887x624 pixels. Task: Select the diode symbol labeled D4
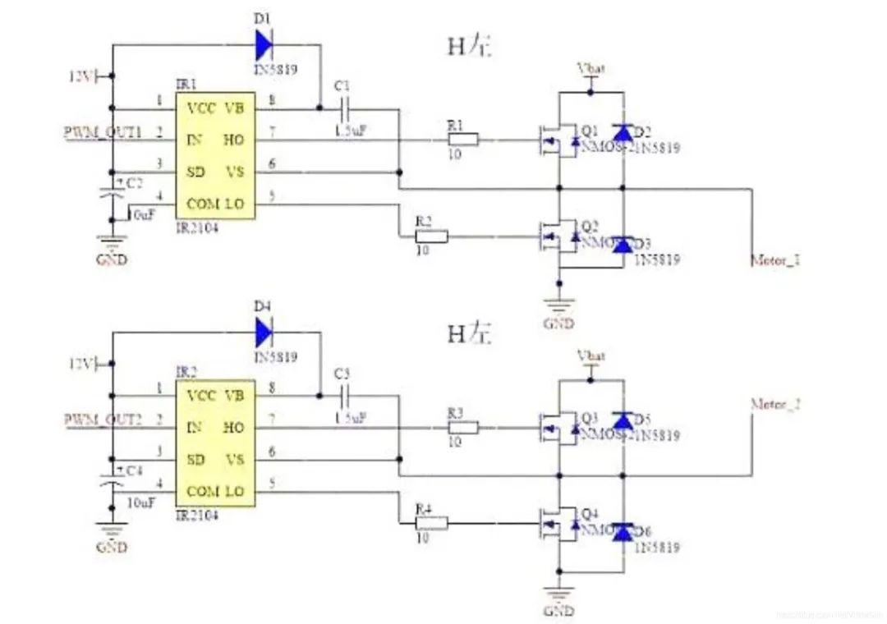(x=263, y=332)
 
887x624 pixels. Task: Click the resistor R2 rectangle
(x=432, y=236)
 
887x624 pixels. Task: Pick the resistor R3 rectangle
(x=463, y=427)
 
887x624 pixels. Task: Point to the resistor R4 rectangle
(x=432, y=523)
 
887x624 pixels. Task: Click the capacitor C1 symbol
(x=345, y=107)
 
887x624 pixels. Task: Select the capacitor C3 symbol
(x=345, y=395)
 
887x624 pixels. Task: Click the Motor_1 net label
(x=775, y=261)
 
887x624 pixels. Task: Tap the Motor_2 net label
(x=775, y=403)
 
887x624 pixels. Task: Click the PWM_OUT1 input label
(x=103, y=132)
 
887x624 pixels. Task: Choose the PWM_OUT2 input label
(x=103, y=420)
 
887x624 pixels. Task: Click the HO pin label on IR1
(x=234, y=140)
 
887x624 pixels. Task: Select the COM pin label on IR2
(x=203, y=491)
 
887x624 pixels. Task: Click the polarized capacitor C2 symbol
(x=112, y=194)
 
